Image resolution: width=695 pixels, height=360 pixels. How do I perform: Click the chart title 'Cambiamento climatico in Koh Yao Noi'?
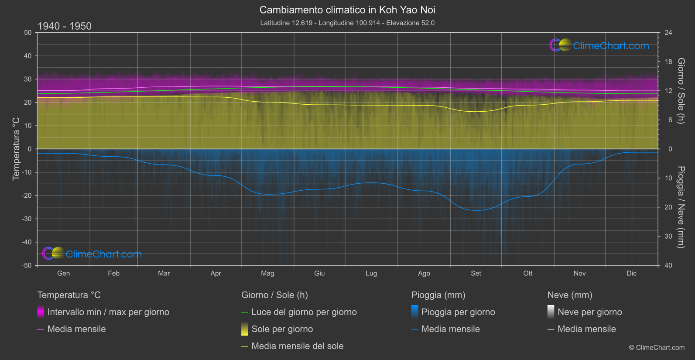(x=347, y=10)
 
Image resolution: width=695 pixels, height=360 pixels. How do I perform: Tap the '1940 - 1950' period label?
(x=65, y=26)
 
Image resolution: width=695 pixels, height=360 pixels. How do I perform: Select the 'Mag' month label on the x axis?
(x=267, y=274)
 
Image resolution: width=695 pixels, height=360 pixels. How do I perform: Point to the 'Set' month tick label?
(x=476, y=274)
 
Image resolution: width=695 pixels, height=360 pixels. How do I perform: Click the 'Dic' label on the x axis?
(x=631, y=274)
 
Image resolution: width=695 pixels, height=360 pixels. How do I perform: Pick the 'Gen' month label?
(x=64, y=274)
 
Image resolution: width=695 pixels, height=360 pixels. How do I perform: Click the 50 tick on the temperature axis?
(x=28, y=33)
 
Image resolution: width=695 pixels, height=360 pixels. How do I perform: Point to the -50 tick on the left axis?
(x=27, y=265)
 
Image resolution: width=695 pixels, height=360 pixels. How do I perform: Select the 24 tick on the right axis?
(x=668, y=33)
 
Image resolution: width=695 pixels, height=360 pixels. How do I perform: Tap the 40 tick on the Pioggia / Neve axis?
(x=668, y=265)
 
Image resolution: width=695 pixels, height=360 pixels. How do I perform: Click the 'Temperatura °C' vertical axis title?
(x=16, y=149)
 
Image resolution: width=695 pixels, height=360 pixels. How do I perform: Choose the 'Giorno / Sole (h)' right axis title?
(x=681, y=91)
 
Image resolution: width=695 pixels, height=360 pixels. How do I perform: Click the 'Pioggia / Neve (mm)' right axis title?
(x=681, y=207)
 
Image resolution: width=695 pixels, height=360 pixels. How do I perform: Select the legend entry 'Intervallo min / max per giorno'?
(x=108, y=312)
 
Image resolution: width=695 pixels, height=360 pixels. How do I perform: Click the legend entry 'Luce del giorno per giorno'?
(x=304, y=312)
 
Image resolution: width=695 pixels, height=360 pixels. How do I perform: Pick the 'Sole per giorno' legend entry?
(x=282, y=329)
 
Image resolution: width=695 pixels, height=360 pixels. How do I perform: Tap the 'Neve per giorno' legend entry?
(x=589, y=312)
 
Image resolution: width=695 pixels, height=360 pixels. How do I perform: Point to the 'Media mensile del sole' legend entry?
(x=298, y=346)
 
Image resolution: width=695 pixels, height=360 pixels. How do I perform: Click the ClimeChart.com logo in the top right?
(x=599, y=45)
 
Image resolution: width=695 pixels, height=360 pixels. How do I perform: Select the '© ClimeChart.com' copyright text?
(x=657, y=348)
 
